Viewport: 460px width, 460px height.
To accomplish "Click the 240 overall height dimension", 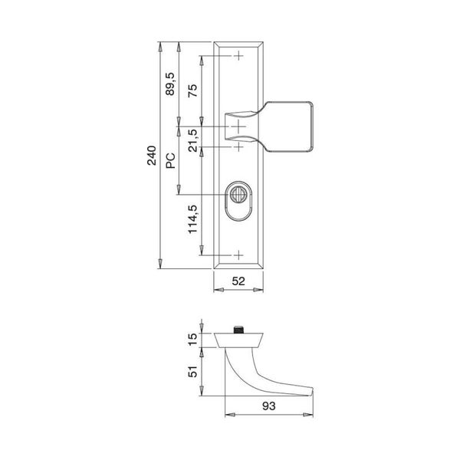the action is [152, 156].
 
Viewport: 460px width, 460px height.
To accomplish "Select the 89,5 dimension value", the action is [170, 84].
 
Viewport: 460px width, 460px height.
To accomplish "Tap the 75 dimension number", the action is [192, 90].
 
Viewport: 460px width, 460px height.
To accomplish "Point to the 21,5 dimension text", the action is [192, 140].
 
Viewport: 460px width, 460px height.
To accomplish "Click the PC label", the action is [170, 161].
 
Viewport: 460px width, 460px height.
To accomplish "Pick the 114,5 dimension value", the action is [192, 219].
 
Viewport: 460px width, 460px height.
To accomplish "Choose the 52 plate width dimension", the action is [238, 281].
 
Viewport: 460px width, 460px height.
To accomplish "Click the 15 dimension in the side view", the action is [192, 340].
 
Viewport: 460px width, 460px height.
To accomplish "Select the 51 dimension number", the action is [192, 372].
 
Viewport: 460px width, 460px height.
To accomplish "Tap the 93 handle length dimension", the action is [269, 406].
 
